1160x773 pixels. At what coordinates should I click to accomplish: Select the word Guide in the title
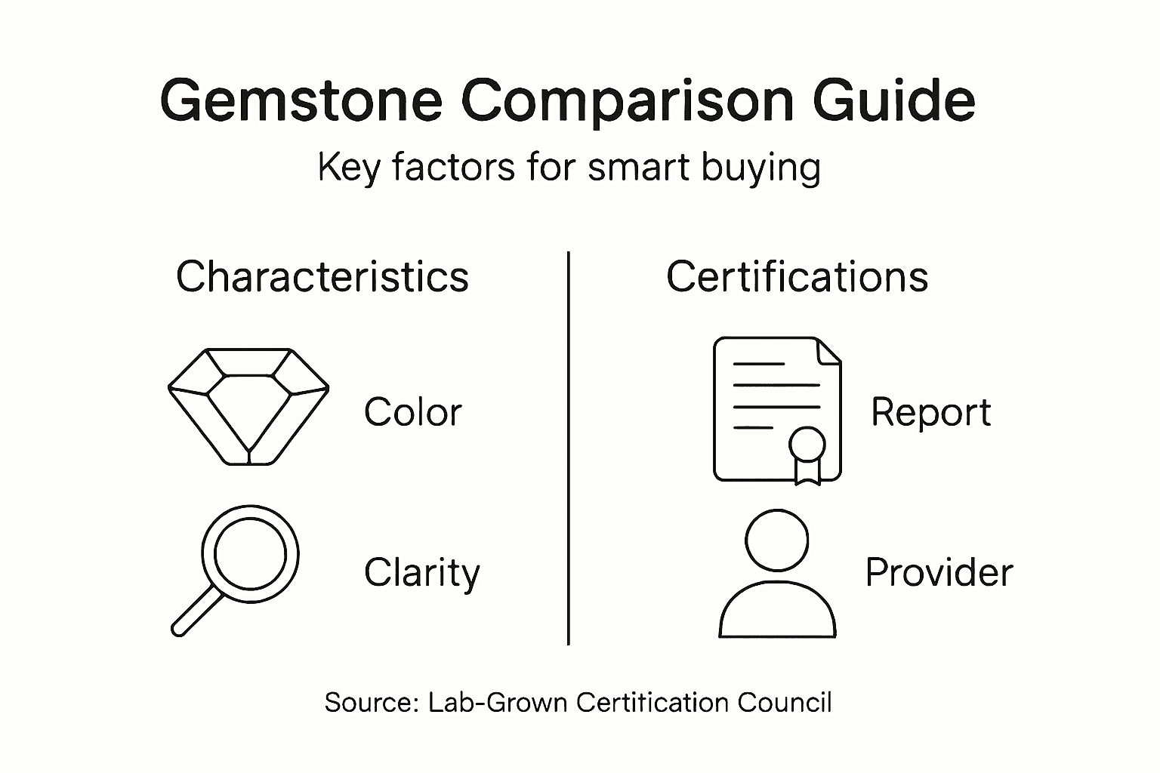[893, 100]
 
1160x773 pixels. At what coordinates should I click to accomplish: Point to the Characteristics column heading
[322, 277]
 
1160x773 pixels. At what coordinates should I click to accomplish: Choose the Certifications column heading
[797, 277]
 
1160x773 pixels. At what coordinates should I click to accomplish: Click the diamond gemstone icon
[248, 405]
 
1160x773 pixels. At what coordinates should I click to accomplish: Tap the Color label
[412, 412]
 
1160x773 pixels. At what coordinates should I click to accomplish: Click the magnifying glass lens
[251, 555]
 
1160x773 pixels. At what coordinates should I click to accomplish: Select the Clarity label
[421, 573]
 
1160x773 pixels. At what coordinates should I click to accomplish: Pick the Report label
[930, 412]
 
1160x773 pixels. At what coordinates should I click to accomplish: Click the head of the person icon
[776, 540]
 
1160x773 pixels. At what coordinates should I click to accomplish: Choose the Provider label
[939, 572]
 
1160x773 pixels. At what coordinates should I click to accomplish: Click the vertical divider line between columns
[568, 448]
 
